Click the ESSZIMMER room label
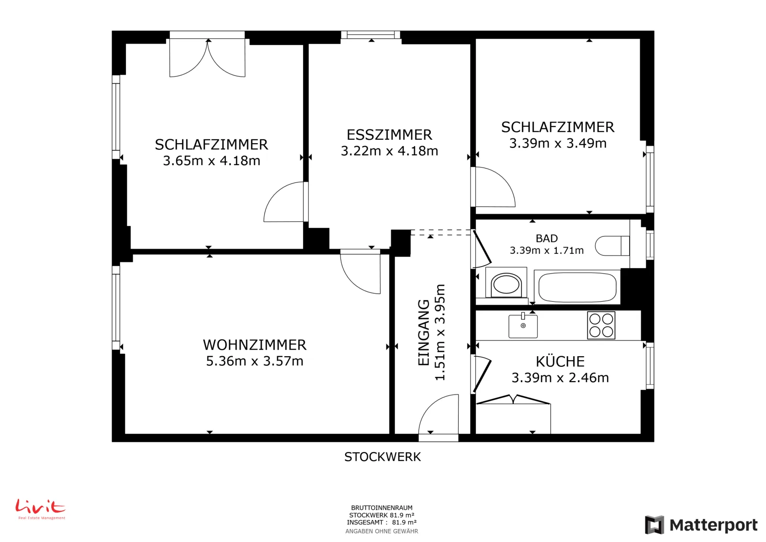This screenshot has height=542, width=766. (x=389, y=135)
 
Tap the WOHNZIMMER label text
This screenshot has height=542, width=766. (x=254, y=345)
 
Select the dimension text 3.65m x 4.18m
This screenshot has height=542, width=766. (x=211, y=160)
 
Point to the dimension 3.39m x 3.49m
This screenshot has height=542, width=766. (x=558, y=143)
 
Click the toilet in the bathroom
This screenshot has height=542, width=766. (x=612, y=246)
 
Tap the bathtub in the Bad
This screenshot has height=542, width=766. (x=577, y=287)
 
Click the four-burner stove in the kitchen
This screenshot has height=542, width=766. (x=601, y=325)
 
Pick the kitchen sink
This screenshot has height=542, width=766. (x=523, y=326)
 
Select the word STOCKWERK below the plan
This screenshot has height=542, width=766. (x=383, y=457)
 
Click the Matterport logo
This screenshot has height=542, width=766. (x=701, y=525)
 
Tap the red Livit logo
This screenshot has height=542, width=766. (x=41, y=509)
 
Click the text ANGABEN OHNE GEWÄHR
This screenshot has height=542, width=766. (x=382, y=531)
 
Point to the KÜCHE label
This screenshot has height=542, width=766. (x=560, y=361)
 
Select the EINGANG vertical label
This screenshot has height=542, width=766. (x=424, y=332)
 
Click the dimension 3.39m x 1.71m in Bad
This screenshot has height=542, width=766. (x=546, y=250)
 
